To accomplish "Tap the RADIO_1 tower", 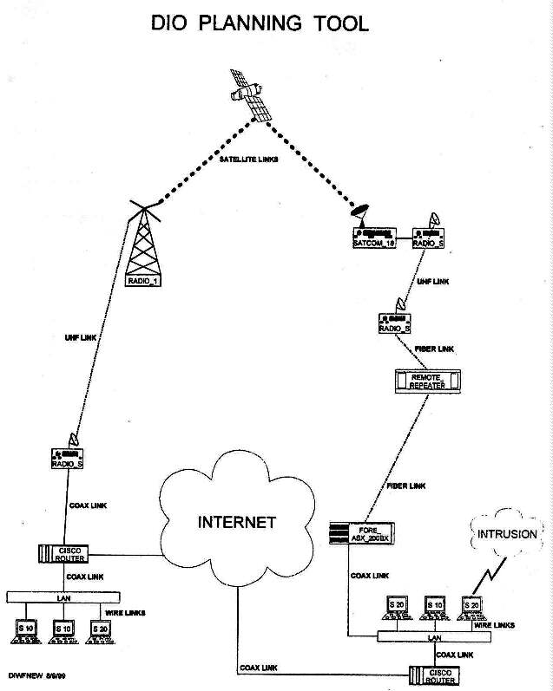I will pos(143,247).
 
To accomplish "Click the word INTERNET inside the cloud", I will pos(237,522).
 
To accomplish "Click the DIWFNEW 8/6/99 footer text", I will pos(33,674).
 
